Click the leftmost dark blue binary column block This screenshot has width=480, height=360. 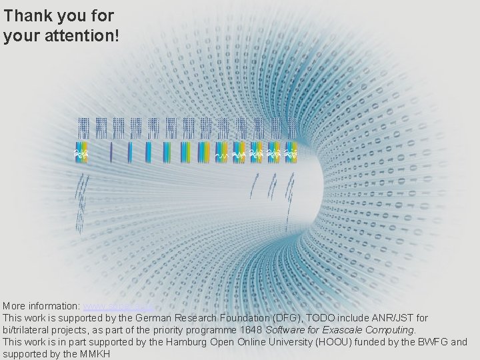coord(83,128)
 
